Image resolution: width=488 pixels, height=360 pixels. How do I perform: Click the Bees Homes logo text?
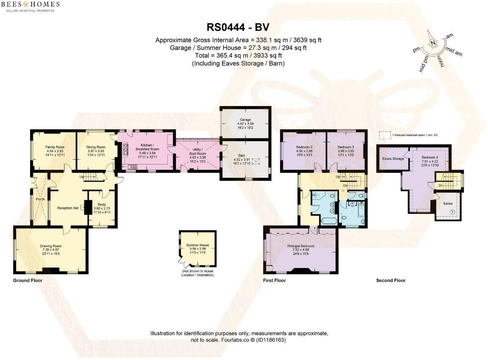point(32,5)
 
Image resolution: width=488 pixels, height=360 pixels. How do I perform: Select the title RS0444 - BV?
point(238,28)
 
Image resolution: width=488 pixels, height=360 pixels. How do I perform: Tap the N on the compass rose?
point(433,43)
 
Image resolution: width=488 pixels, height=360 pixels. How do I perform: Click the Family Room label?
point(54,147)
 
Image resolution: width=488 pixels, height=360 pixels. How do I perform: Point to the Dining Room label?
point(95,147)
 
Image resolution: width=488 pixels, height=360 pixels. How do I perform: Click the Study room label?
point(101,204)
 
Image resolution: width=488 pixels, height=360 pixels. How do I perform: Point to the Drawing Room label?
point(51,246)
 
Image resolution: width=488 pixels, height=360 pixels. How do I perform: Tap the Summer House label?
point(198,245)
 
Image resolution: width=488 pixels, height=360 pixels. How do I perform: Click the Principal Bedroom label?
point(300,246)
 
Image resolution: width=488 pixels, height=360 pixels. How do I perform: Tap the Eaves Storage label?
point(393,159)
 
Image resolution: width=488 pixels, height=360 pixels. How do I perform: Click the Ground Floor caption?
point(28,280)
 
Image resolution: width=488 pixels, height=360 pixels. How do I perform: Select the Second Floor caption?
point(391,280)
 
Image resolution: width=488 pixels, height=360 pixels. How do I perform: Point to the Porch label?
point(40,199)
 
